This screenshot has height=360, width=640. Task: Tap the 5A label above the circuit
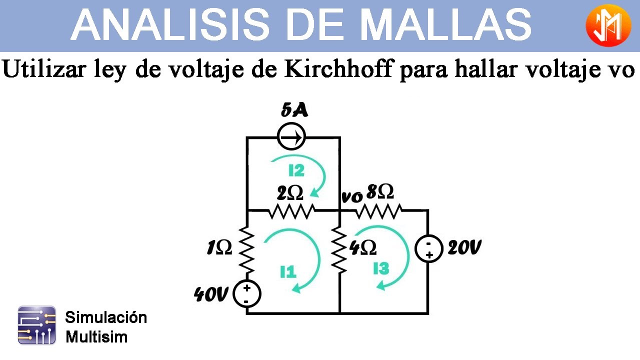point(294,110)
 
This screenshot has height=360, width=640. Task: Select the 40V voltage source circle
point(247,293)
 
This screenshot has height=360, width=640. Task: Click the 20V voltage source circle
point(428,248)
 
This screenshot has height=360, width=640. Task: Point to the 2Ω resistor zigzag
point(291,211)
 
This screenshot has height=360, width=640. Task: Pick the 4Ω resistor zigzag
point(339,250)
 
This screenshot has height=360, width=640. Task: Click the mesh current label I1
point(288,271)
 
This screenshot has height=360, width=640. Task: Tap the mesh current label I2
point(296,170)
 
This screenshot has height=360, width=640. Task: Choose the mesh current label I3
point(381,268)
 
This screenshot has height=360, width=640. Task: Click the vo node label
point(352,197)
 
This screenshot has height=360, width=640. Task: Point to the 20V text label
point(464,247)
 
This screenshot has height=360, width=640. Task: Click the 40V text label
point(211,294)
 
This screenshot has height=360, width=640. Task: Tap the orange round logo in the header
point(608,25)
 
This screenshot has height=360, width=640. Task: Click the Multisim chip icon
point(36,325)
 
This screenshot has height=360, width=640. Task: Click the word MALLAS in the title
point(445,24)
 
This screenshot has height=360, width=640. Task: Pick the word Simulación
point(106,317)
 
